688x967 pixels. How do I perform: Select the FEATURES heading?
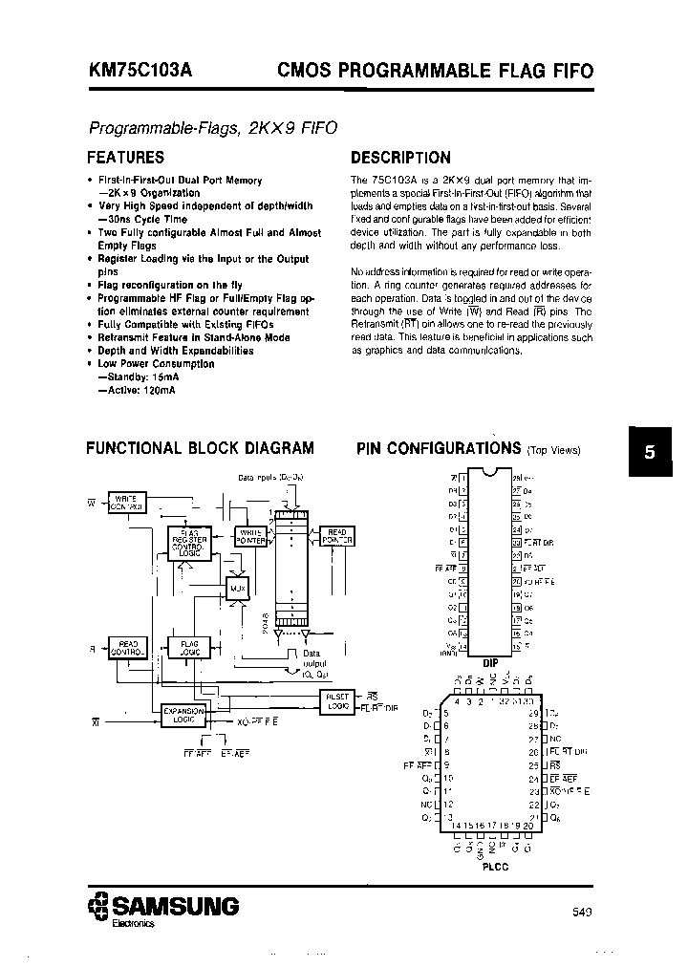click(x=125, y=158)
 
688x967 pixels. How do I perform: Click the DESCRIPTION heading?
click(x=400, y=158)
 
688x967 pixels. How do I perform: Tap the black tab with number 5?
click(x=650, y=454)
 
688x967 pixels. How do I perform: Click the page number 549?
click(x=583, y=912)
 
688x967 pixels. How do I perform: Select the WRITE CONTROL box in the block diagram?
click(x=124, y=502)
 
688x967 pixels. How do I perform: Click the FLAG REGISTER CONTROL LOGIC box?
click(x=191, y=542)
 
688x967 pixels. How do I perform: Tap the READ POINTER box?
click(x=337, y=536)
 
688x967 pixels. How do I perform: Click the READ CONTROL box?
click(x=125, y=647)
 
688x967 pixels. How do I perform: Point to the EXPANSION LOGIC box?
click(x=180, y=716)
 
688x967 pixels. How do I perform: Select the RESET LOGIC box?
click(x=338, y=699)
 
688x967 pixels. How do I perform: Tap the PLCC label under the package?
click(x=494, y=866)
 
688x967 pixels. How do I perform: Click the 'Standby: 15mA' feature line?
click(x=141, y=377)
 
